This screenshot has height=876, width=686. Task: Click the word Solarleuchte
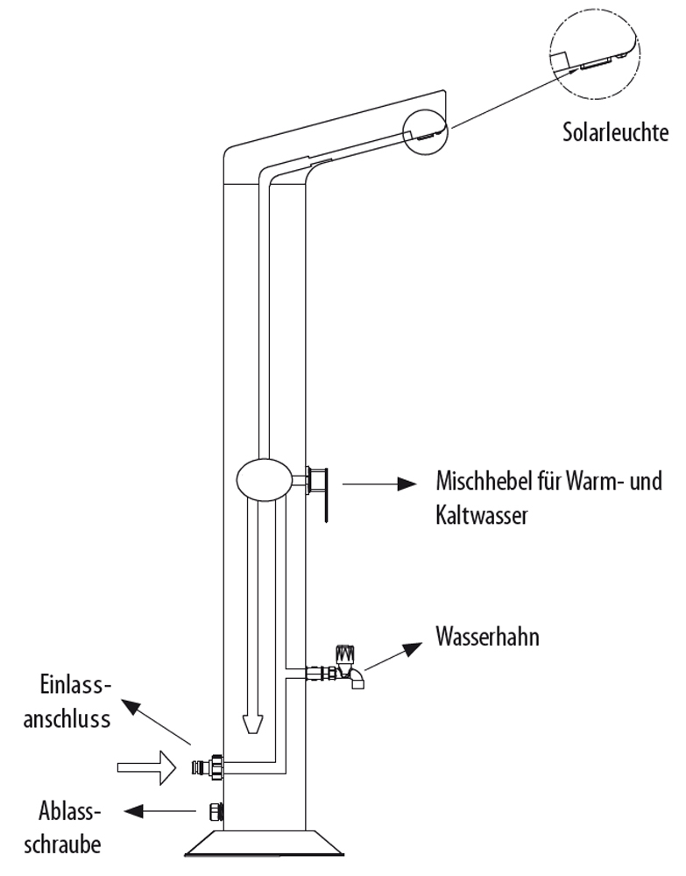click(616, 133)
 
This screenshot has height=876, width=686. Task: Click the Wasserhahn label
click(487, 637)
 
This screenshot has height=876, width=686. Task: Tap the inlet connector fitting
click(210, 766)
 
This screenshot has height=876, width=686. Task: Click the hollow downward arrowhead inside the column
click(251, 722)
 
